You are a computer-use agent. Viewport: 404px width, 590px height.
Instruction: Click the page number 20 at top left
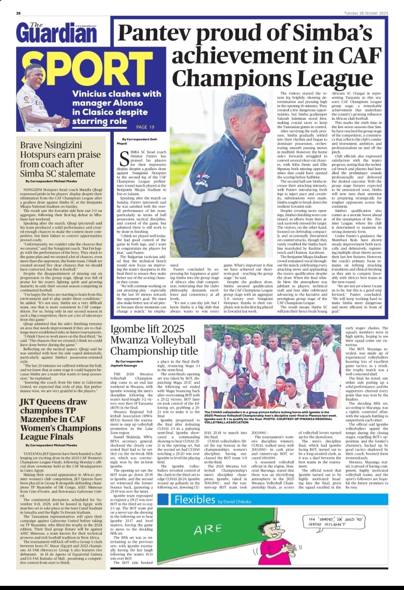(19, 13)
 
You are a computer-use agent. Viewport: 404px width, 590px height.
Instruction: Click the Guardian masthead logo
(57, 33)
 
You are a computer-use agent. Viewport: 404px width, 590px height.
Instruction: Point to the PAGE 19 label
(145, 127)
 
